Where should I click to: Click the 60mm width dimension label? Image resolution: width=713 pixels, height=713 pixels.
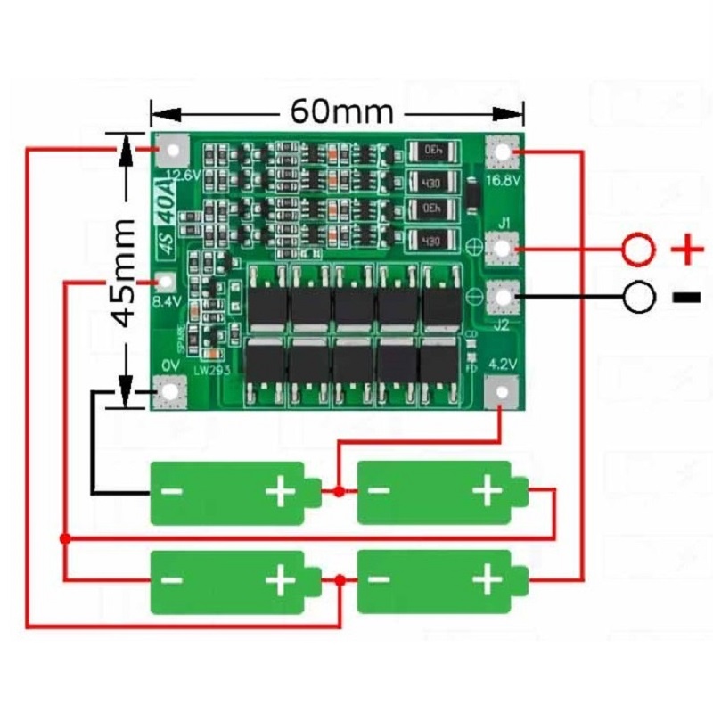(x=341, y=113)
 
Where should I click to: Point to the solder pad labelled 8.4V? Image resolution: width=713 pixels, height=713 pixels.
(x=165, y=283)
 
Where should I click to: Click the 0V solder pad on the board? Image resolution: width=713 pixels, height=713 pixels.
(x=168, y=390)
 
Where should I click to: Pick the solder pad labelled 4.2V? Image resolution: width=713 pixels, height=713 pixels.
(x=504, y=390)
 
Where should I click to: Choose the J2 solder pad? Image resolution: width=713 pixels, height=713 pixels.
(x=504, y=297)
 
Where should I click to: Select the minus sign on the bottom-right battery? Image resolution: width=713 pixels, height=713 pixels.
(x=378, y=581)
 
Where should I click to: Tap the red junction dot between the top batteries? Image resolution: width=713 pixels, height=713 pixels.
(x=338, y=491)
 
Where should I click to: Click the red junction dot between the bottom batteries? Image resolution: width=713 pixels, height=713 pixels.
(x=340, y=580)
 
